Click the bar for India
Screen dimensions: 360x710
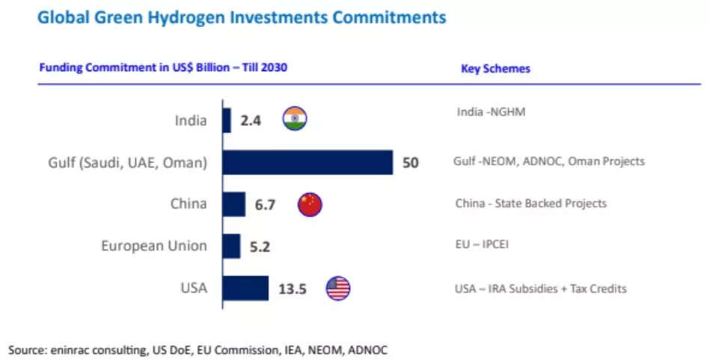(227, 120)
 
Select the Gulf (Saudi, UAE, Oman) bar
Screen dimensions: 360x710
(307, 162)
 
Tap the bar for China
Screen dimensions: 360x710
(233, 204)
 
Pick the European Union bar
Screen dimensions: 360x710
(231, 245)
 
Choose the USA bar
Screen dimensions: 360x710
(245, 288)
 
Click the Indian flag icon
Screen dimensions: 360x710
(295, 120)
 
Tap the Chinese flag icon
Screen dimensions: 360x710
(310, 204)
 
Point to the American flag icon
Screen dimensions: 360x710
(338, 288)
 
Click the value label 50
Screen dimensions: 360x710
(411, 162)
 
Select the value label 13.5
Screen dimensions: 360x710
(292, 289)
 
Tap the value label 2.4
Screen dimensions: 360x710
(251, 120)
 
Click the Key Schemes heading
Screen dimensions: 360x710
(495, 69)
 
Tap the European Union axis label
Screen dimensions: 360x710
(154, 246)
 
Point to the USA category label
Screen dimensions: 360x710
(194, 288)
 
